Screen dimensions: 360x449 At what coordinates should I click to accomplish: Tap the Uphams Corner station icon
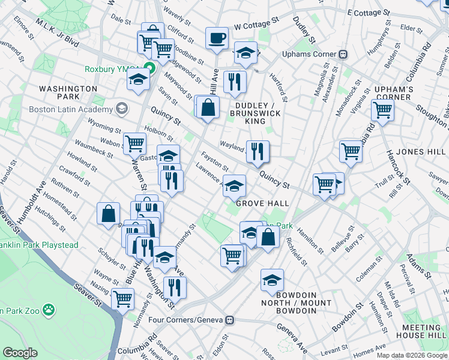pos(343,54)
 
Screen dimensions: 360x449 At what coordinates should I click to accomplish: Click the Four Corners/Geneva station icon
pos(229,320)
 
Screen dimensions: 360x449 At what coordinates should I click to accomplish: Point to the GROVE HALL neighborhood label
pos(263,203)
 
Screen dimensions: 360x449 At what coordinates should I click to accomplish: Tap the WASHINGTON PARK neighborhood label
pos(68,92)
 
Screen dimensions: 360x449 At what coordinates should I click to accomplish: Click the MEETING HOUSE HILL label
pos(424,331)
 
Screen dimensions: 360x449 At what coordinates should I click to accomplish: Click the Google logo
pos(20,352)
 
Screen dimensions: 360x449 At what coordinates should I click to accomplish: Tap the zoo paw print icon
pos(48,311)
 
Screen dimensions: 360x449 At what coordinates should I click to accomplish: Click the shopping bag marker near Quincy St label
pos(208,108)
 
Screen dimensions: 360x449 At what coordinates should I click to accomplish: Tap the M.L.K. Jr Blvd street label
pos(58,32)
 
